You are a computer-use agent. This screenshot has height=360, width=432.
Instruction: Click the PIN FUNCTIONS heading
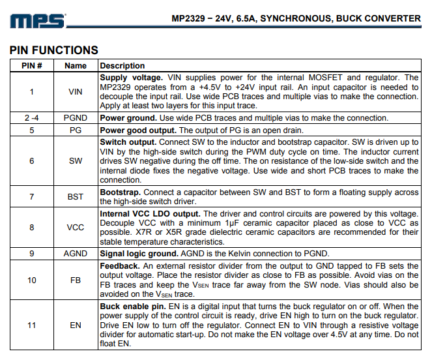tap(54, 50)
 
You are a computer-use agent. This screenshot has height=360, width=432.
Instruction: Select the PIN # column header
tap(32, 65)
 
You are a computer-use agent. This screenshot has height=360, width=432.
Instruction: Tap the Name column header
tap(76, 65)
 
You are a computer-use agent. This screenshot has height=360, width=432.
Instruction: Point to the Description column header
tap(122, 65)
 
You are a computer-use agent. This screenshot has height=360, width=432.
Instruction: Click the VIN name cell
tap(76, 91)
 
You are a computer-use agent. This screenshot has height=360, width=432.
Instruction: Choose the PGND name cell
tap(76, 118)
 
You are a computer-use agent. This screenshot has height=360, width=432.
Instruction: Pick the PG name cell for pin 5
tap(76, 130)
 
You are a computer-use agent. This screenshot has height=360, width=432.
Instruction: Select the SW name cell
tap(76, 160)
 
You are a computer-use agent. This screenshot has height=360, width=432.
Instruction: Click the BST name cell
tap(76, 196)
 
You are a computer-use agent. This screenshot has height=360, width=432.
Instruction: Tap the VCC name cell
tap(76, 228)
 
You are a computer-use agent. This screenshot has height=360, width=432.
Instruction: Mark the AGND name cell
tap(76, 254)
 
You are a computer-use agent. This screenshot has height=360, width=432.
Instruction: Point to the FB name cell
tap(76, 280)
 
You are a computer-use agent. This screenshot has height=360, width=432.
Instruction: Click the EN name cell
tap(76, 325)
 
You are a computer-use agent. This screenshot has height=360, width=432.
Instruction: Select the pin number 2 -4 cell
tap(32, 118)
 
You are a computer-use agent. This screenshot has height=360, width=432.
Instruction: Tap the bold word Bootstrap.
tap(120, 192)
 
